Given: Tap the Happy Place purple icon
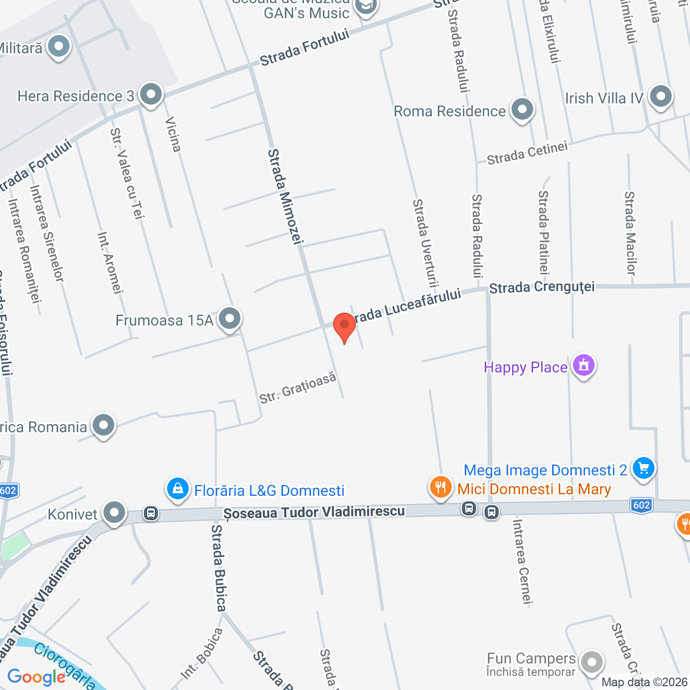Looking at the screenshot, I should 583,365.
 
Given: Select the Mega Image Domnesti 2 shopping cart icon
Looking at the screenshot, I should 643,468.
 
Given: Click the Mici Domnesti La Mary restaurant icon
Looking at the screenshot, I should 441,487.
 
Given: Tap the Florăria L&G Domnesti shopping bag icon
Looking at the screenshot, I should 177,489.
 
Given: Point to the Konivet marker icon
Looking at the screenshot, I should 114,513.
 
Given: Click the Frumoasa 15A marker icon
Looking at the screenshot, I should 230,319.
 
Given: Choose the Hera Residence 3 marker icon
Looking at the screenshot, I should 151,95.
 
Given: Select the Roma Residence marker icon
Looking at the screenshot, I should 522,110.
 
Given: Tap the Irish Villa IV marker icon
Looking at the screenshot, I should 660,97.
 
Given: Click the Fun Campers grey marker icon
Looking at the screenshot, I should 592,663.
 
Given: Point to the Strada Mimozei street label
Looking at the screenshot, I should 286,197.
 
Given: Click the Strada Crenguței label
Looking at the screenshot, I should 542,287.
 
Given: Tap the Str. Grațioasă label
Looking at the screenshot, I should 298,388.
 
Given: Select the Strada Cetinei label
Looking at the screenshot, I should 527,153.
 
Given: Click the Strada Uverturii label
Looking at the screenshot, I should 425,243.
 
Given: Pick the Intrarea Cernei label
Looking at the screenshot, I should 522,562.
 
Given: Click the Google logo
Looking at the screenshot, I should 36,677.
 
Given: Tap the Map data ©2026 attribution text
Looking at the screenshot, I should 645,682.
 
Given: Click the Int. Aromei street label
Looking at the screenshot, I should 110,263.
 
